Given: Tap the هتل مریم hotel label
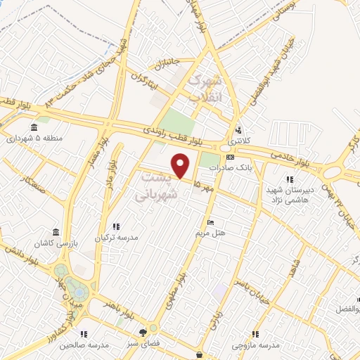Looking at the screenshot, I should [x=210, y=233].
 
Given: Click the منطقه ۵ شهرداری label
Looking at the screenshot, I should [x=34, y=138].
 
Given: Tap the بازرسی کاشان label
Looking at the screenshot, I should [x=56, y=243].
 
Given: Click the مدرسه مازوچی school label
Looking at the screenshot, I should [x=256, y=345].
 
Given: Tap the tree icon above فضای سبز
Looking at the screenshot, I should [x=144, y=333].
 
